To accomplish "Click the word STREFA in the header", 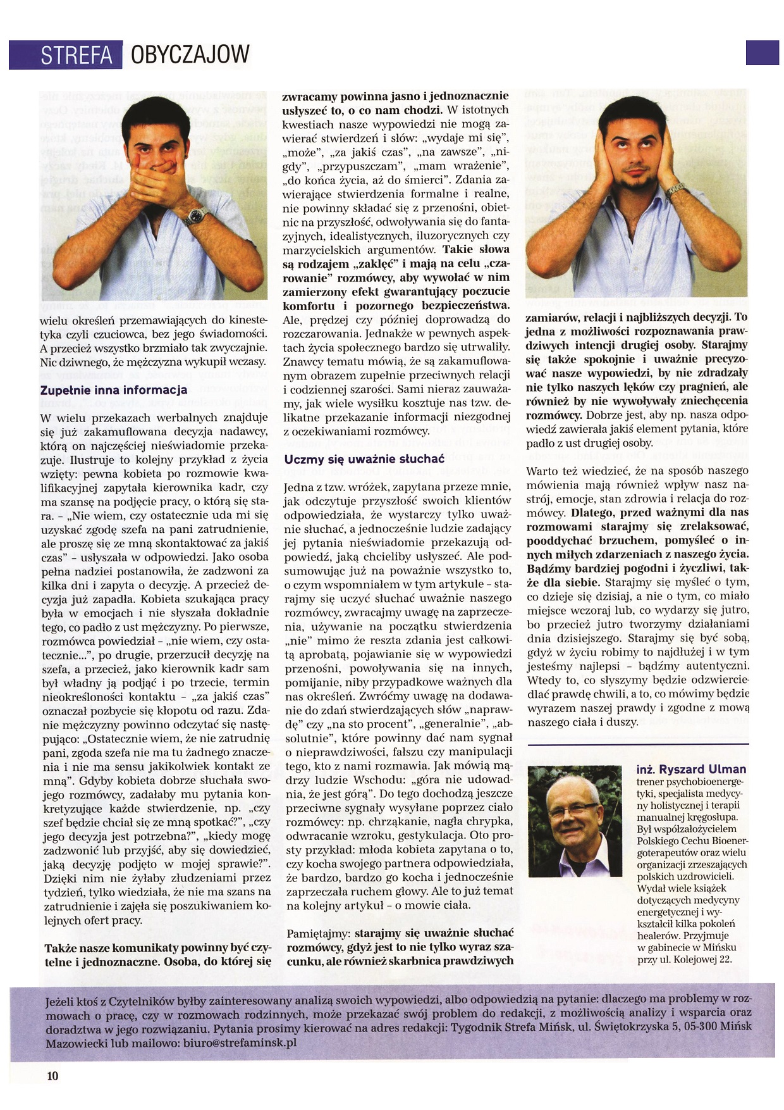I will (x=76, y=56).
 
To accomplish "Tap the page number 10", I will (x=52, y=1076).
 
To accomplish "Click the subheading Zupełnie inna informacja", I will (x=114, y=390).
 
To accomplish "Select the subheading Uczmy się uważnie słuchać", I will (x=365, y=459).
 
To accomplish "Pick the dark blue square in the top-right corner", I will (x=762, y=53).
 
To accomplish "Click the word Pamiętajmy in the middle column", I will (x=318, y=933).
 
